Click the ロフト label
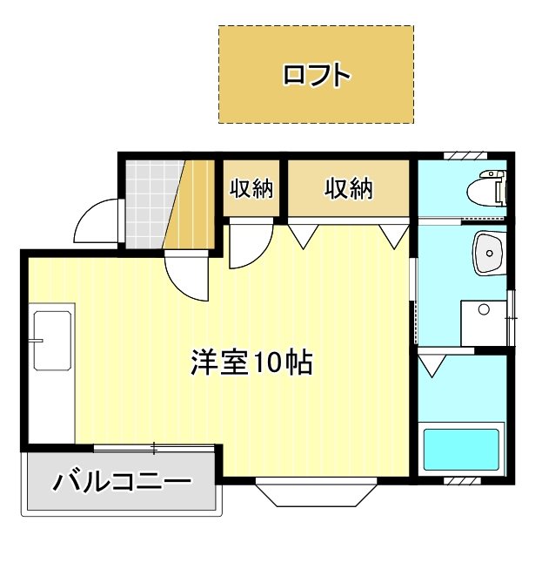317,75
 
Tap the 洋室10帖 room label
251,362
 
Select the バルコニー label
122,482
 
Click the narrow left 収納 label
251,188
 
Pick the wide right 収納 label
349,188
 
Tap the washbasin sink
490,253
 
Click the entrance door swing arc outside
97,222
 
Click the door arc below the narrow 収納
250,245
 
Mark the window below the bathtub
462,480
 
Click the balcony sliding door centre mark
154,448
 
